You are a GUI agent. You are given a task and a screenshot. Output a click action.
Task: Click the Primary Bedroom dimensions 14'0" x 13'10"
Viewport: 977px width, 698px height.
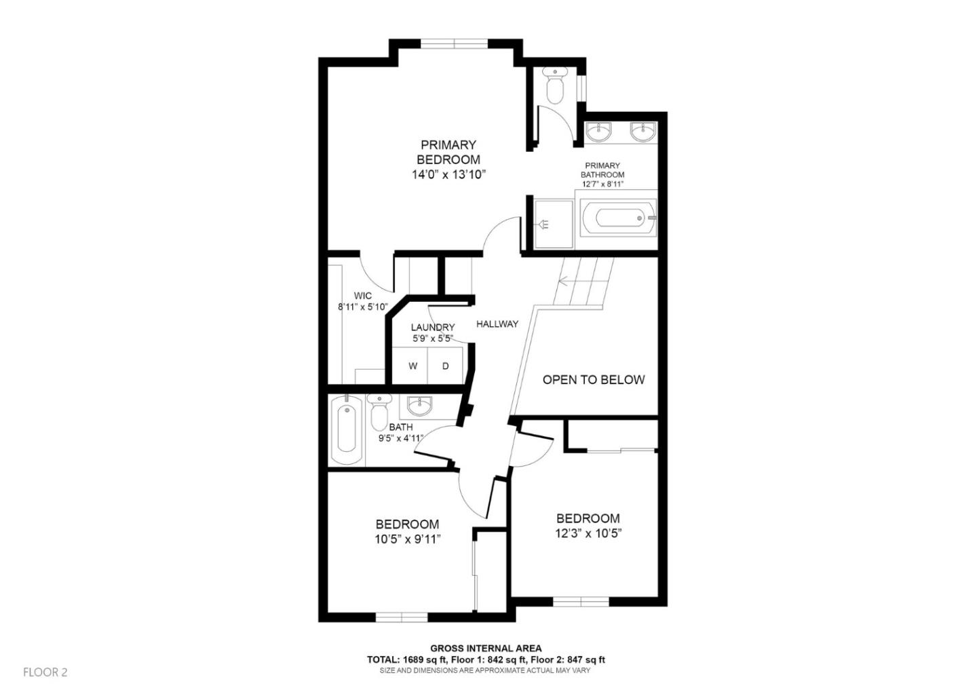(449, 175)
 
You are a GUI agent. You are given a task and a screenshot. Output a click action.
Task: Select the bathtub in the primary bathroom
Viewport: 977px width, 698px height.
(619, 218)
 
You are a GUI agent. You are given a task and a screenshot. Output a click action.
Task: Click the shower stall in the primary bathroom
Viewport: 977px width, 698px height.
(554, 224)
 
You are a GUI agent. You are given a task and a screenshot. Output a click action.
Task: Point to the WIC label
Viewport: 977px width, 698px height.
(363, 296)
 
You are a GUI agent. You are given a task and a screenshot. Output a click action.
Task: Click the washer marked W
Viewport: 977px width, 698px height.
(413, 366)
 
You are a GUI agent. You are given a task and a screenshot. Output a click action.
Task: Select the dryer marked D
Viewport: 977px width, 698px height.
(445, 366)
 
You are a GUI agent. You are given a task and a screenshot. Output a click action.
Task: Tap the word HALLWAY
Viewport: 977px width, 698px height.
(497, 324)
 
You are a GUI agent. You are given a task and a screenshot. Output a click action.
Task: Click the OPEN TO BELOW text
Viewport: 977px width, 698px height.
(594, 380)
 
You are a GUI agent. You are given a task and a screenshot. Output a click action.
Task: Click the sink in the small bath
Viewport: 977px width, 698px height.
(419, 406)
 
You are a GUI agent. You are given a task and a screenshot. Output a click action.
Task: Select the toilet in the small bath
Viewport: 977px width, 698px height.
(379, 412)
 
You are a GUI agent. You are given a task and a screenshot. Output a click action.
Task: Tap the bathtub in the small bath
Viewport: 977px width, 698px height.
(347, 429)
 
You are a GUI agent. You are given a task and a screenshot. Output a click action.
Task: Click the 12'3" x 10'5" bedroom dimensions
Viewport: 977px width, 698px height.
(588, 533)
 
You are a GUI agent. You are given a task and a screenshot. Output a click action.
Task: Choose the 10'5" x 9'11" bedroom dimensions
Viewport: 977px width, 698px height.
(408, 539)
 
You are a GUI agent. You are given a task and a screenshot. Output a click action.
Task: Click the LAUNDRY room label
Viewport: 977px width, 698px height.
(433, 327)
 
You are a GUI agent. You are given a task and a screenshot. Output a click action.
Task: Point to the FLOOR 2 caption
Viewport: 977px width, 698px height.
(45, 672)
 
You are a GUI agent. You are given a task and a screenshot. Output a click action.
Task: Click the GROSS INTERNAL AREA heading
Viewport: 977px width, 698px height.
(486, 648)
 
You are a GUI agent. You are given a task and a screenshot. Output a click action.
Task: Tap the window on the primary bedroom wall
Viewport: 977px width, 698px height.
(454, 43)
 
